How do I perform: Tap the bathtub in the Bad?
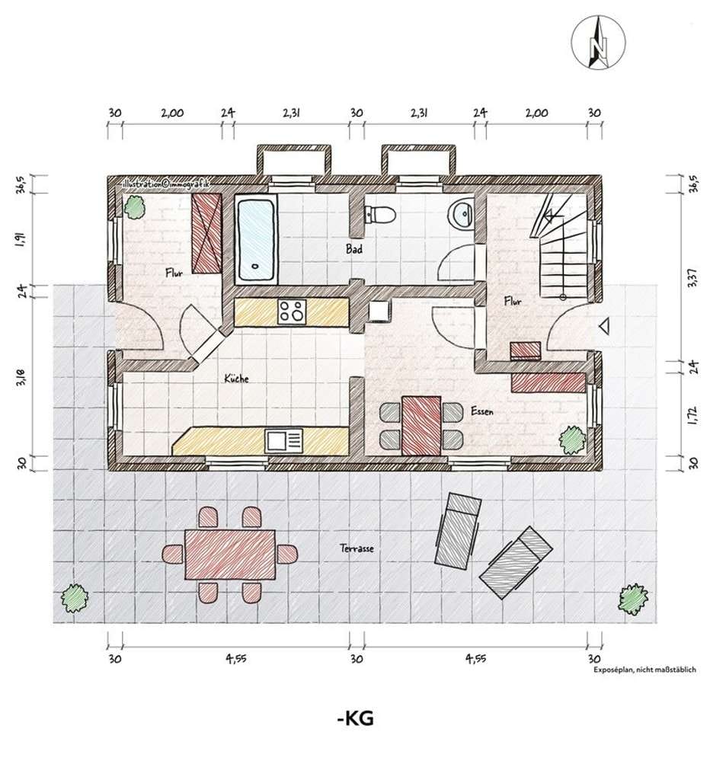click(x=256, y=240)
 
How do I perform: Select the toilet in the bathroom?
click(x=380, y=214)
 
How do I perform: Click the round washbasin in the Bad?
click(x=461, y=214)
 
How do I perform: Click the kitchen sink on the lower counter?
click(x=284, y=441)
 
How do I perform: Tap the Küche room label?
click(x=236, y=379)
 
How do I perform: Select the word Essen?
click(x=482, y=411)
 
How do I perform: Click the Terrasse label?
click(x=357, y=548)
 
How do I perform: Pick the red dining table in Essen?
click(x=421, y=426)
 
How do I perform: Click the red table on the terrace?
click(x=230, y=555)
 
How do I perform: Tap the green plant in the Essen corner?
click(x=572, y=440)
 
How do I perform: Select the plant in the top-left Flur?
click(x=134, y=207)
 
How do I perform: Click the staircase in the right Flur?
click(x=561, y=246)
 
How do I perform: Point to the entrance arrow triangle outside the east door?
click(x=605, y=326)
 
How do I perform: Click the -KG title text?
click(x=355, y=718)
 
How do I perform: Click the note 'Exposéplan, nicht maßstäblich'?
click(x=644, y=670)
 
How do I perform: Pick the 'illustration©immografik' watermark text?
click(x=165, y=184)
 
